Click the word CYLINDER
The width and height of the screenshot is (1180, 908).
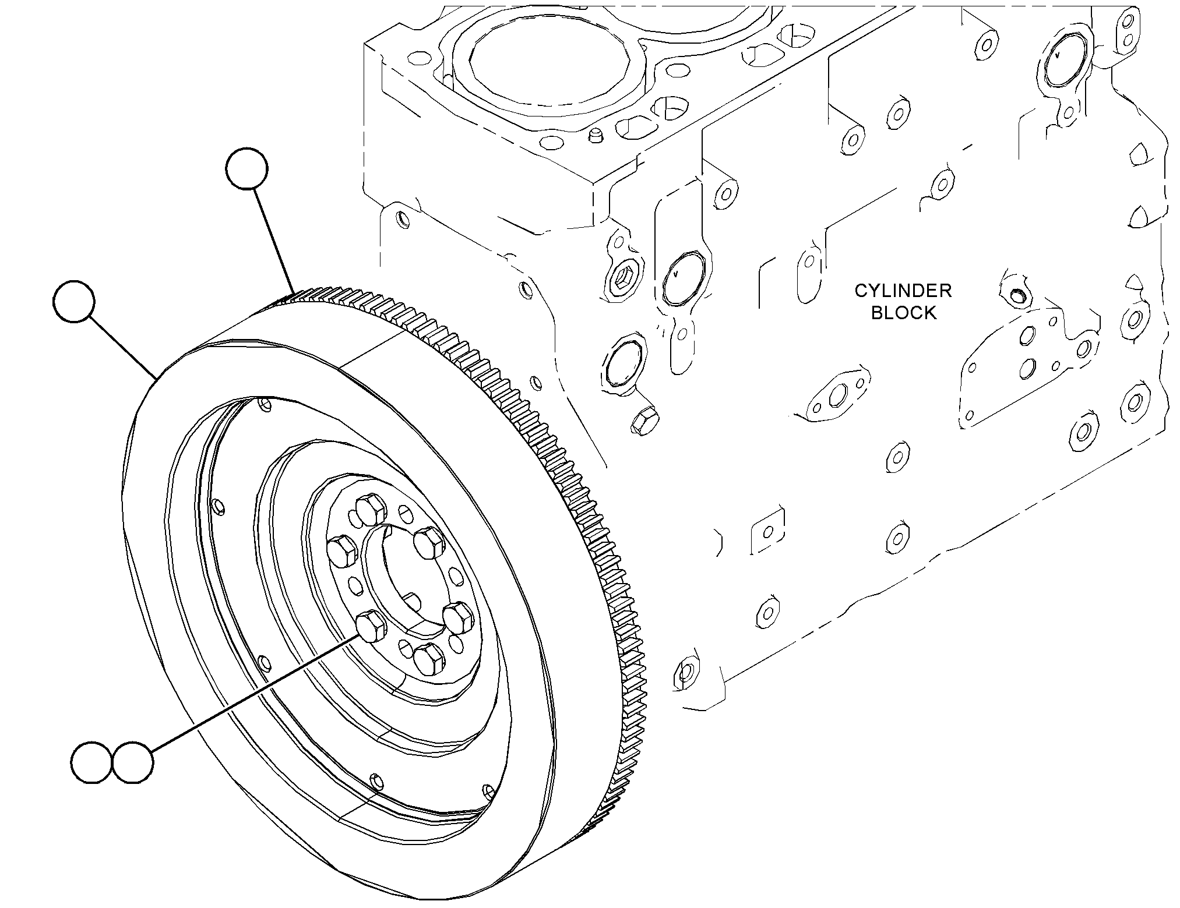(x=903, y=291)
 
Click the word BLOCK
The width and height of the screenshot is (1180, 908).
(x=904, y=313)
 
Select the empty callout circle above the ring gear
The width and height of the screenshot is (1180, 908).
(x=247, y=168)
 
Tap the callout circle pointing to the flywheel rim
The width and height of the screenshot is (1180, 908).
(x=74, y=301)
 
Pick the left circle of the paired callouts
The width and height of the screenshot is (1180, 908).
(x=91, y=763)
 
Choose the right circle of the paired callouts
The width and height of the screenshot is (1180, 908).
(x=133, y=763)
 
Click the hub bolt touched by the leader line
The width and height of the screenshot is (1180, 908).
(x=371, y=626)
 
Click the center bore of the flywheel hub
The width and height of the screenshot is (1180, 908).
(x=402, y=577)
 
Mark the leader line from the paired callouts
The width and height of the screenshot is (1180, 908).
(x=254, y=692)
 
